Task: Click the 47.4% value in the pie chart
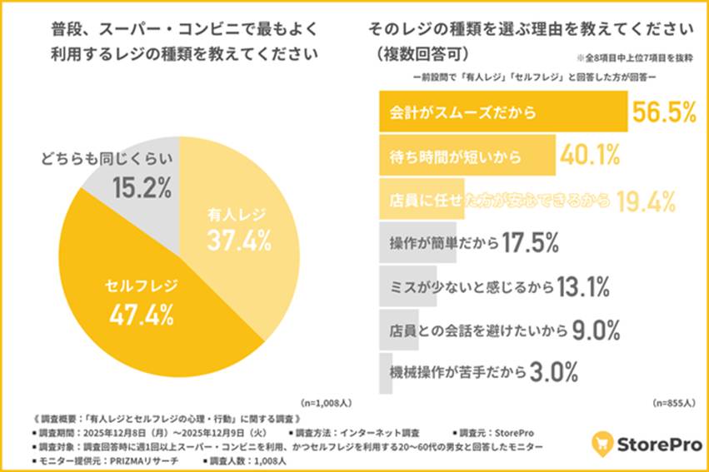[142, 315]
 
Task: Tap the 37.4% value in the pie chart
[239, 242]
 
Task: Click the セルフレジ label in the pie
[141, 286]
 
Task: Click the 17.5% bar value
[532, 243]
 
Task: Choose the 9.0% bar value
[597, 330]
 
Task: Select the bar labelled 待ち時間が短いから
[467, 156]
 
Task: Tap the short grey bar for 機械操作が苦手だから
[386, 372]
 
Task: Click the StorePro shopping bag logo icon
[604, 442]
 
